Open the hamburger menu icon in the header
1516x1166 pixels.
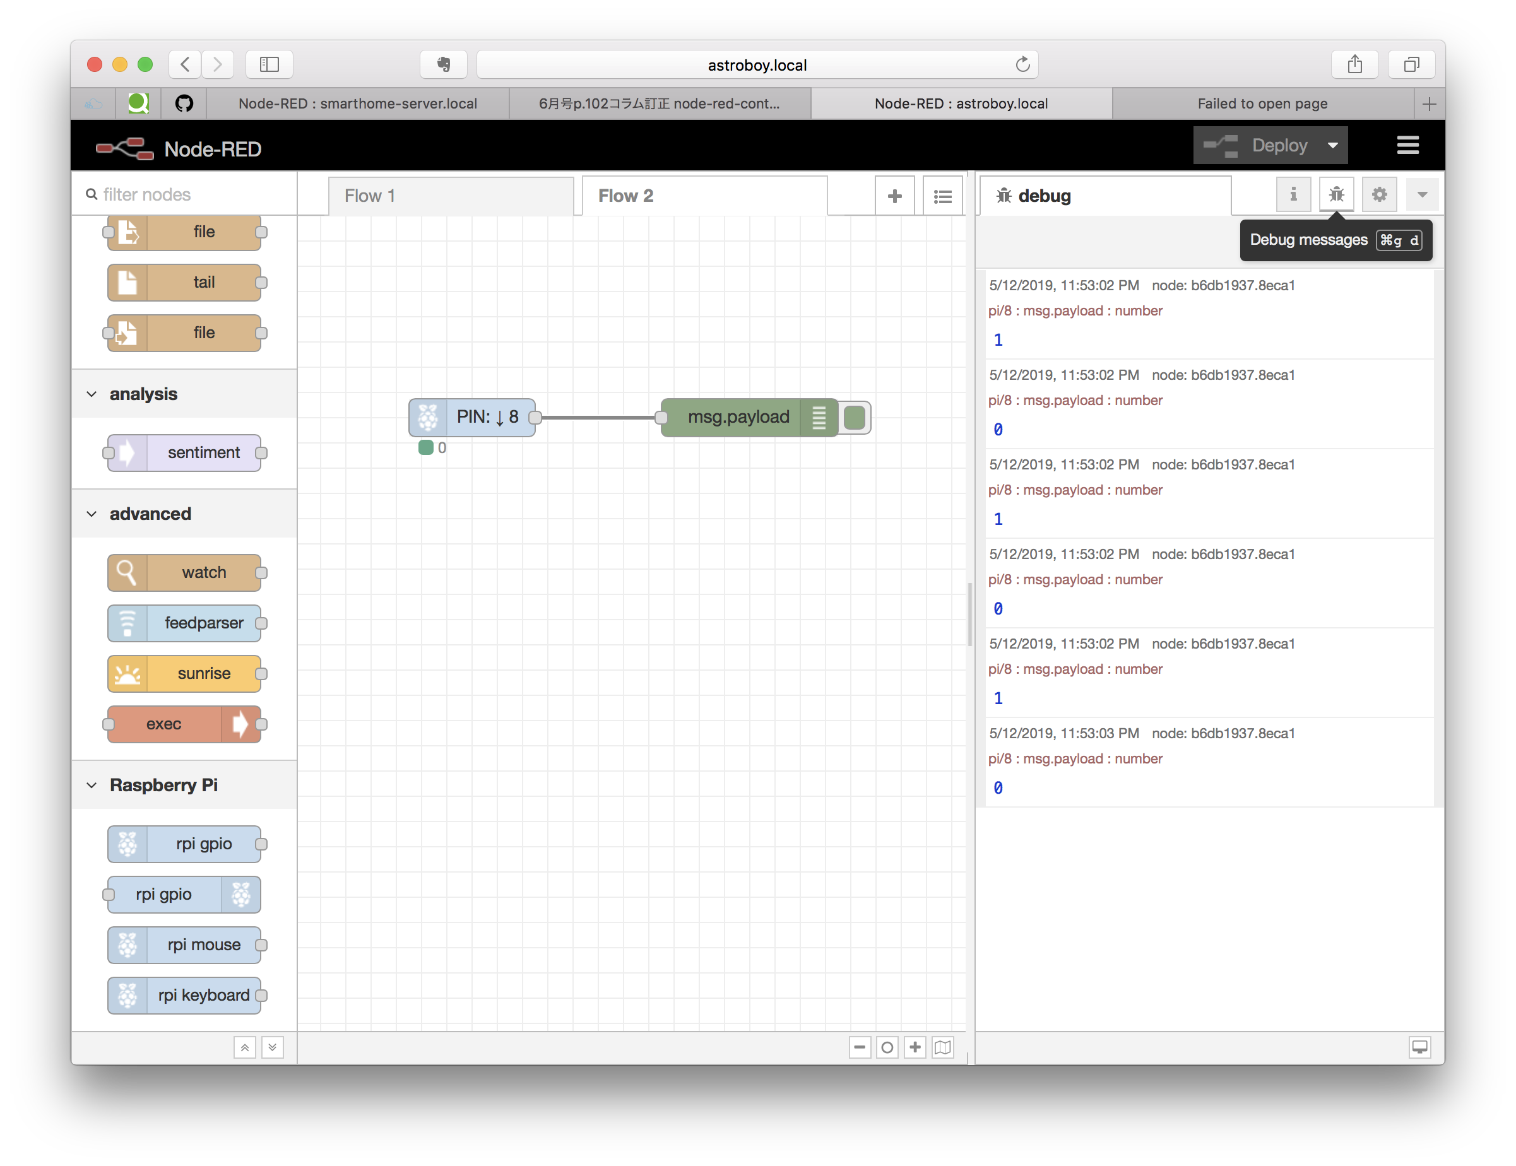point(1407,146)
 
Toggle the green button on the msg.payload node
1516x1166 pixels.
point(855,418)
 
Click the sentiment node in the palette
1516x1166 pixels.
point(186,452)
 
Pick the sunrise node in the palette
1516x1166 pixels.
point(186,673)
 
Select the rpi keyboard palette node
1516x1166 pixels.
point(186,995)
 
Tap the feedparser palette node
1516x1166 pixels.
point(186,623)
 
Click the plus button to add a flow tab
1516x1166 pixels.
point(894,196)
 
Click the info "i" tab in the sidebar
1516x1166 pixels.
point(1293,194)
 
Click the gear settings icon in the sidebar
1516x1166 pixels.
point(1378,194)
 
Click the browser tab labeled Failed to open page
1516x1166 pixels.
point(1261,104)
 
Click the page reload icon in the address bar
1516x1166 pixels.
point(1022,65)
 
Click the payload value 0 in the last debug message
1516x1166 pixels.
point(997,787)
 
